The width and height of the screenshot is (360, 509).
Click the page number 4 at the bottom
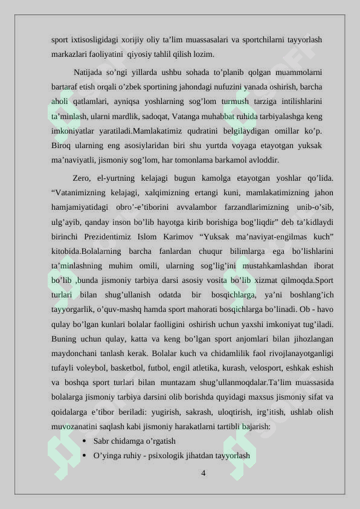click(x=203, y=473)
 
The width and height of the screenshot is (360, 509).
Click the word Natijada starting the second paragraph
click(x=89, y=73)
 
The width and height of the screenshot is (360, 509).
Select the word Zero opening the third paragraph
click(x=82, y=178)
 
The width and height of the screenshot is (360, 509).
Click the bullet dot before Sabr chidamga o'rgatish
click(x=83, y=441)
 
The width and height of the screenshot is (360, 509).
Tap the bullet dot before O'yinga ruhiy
click(x=83, y=455)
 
